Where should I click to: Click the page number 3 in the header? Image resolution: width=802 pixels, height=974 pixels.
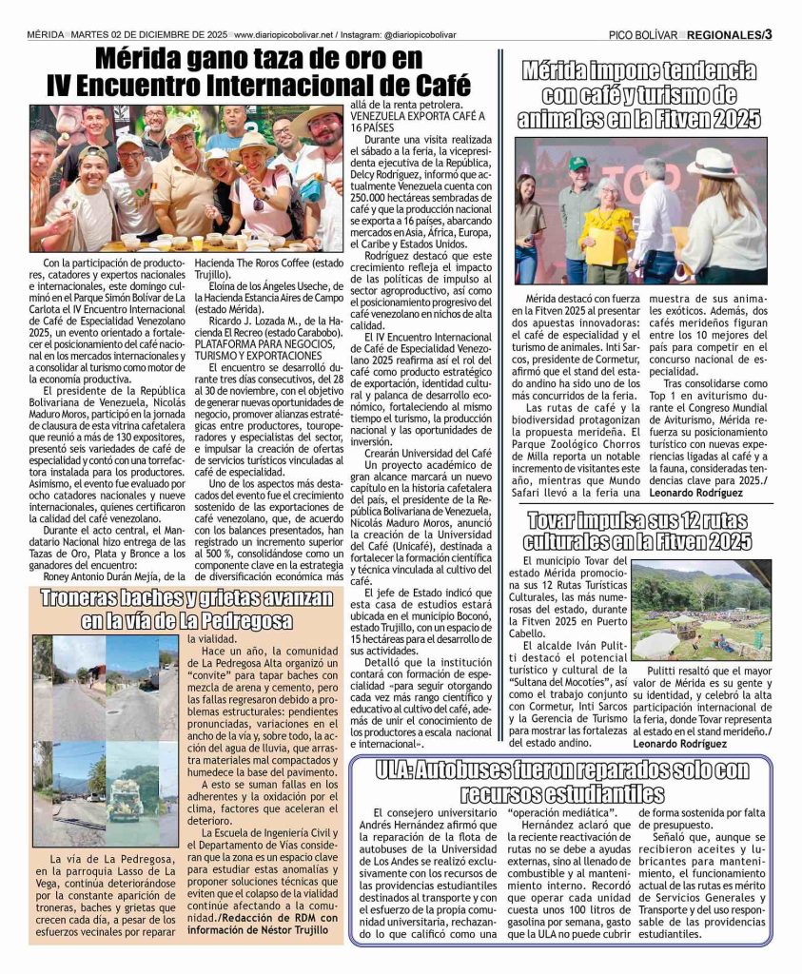[768, 35]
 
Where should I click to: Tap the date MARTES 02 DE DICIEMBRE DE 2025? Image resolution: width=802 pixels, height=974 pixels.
[148, 35]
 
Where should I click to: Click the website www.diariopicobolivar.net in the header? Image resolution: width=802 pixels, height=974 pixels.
[285, 35]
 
